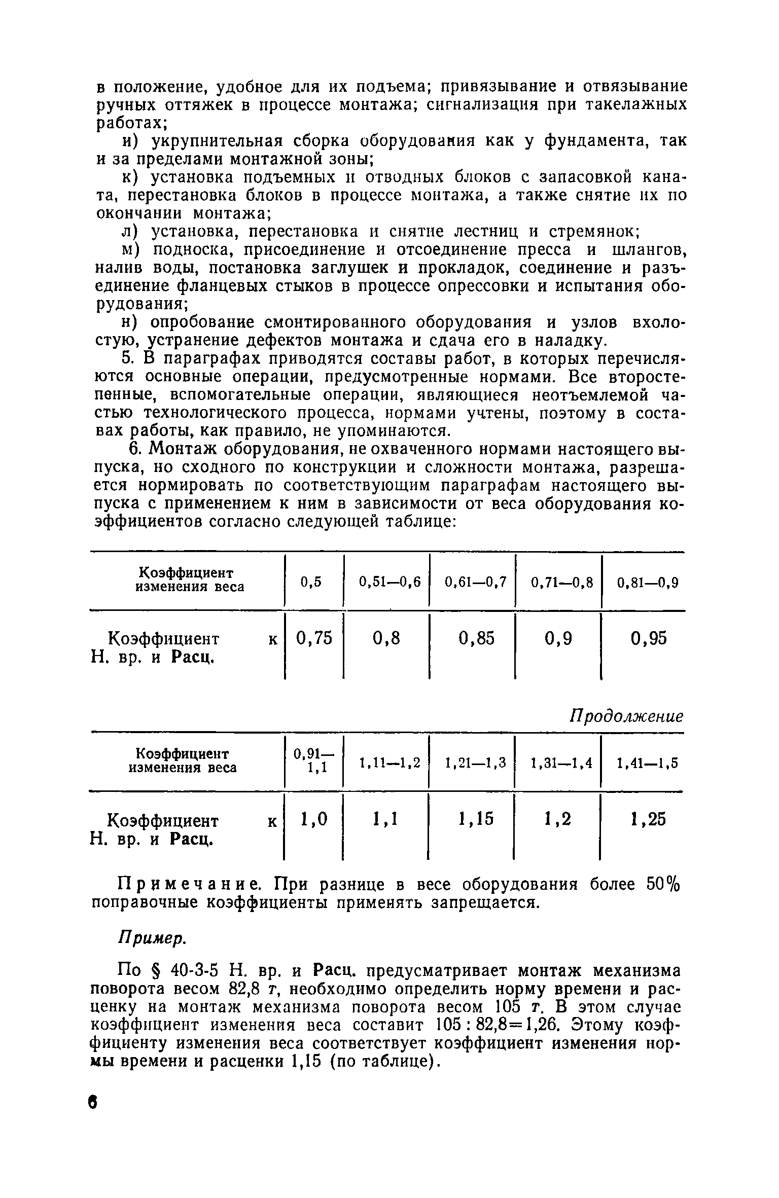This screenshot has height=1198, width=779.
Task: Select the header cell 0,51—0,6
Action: coord(389,583)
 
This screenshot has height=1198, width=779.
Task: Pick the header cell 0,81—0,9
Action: coord(648,583)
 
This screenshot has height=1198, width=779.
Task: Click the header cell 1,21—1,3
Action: coord(475,763)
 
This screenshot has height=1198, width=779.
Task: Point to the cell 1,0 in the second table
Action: coord(314,818)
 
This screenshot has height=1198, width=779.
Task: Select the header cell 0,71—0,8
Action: coord(561,583)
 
